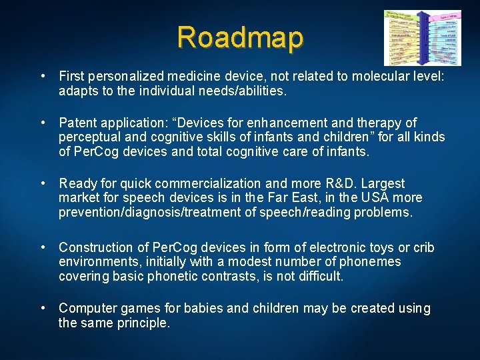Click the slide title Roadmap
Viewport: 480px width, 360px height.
coord(240,37)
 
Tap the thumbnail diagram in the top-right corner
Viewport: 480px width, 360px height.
coord(422,37)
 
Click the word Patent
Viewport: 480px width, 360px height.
coord(77,123)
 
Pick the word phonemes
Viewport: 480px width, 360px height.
coord(374,261)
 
